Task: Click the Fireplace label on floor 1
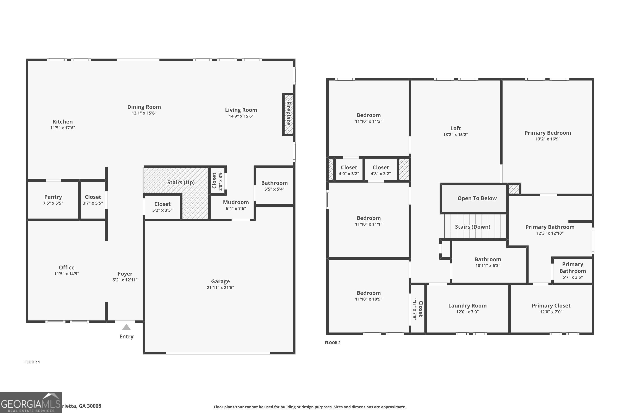(288, 114)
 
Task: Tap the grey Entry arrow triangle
(126, 327)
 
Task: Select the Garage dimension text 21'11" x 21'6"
(220, 287)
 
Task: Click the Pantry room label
(53, 197)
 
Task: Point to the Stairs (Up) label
(181, 182)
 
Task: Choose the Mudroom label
(236, 202)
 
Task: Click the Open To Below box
(477, 198)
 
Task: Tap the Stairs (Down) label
(472, 227)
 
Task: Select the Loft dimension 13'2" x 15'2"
(455, 134)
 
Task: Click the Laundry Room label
(467, 306)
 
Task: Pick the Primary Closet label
(551, 306)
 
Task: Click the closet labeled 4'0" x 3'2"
(349, 170)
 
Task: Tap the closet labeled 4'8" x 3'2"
(381, 170)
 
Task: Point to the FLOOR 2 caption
(332, 343)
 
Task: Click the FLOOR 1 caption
(32, 362)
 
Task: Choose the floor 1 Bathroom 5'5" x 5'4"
(274, 185)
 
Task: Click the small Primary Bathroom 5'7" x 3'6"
(572, 270)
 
